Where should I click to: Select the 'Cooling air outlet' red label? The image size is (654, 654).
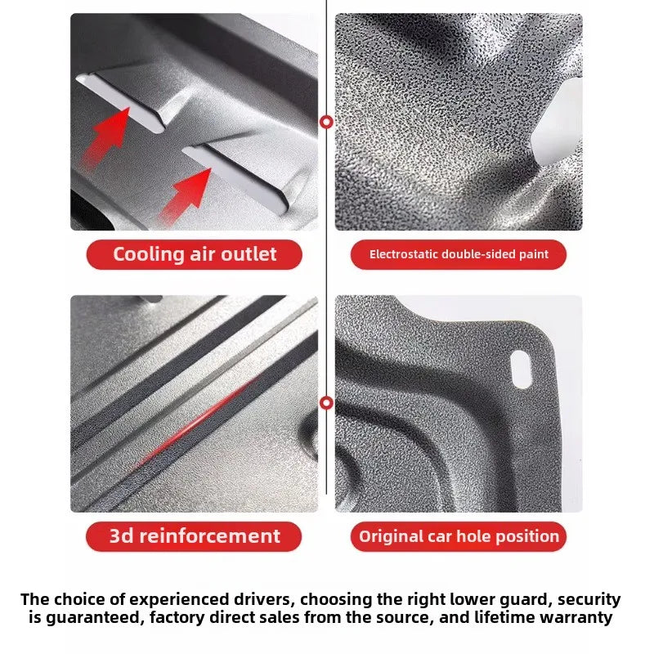[x=195, y=254]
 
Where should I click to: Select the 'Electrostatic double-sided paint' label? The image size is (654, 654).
[x=459, y=254]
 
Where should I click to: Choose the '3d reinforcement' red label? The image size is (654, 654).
[x=194, y=536]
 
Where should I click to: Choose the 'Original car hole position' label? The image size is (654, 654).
[x=459, y=536]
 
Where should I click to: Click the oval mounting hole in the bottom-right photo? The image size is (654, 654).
[x=521, y=370]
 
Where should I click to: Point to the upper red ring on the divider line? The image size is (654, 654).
[x=326, y=122]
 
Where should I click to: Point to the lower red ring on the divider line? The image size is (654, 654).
[x=326, y=403]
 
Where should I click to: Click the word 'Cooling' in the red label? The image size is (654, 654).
[x=149, y=254]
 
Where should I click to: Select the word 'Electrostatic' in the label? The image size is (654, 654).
[x=403, y=254]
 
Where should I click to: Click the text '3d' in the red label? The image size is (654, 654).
[x=121, y=536]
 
